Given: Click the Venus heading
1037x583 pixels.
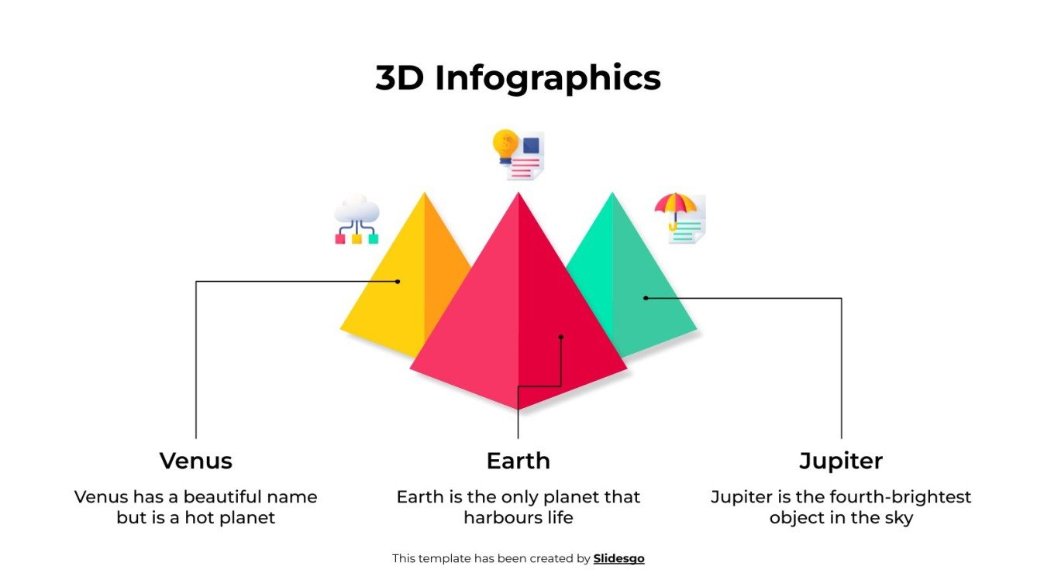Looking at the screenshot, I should pyautogui.click(x=195, y=461).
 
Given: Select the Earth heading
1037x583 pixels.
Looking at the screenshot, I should pyautogui.click(x=518, y=461).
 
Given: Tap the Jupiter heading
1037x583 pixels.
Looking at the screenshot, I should pyautogui.click(x=841, y=461).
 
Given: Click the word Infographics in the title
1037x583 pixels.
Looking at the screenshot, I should pyautogui.click(x=547, y=78).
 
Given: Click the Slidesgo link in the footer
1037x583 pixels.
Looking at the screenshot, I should pyautogui.click(x=618, y=558).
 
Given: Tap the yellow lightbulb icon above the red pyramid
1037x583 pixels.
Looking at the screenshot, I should pyautogui.click(x=506, y=145).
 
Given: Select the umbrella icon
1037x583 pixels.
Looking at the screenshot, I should pyautogui.click(x=674, y=207).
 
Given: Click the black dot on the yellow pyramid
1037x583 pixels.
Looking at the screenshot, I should pyautogui.click(x=398, y=282).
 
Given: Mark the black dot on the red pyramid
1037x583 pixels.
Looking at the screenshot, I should pyautogui.click(x=561, y=337).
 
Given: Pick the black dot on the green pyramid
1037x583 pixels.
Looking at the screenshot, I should pyautogui.click(x=646, y=298).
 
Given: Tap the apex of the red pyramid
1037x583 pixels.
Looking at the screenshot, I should pyautogui.click(x=518, y=194).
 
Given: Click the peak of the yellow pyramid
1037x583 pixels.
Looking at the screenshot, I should pyautogui.click(x=424, y=194).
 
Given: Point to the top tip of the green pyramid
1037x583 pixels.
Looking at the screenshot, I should pyautogui.click(x=612, y=194).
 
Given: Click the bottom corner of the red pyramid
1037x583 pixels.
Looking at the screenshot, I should pyautogui.click(x=518, y=410).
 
